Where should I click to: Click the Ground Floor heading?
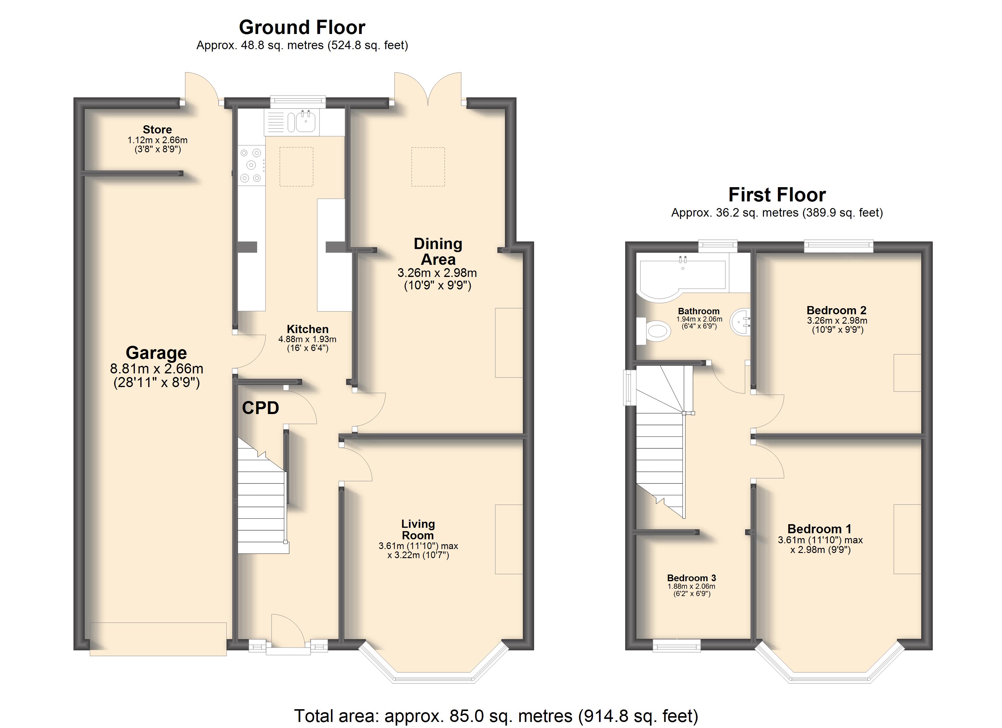click(x=302, y=27)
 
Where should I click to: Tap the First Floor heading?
click(x=777, y=195)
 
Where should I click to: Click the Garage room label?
click(x=156, y=353)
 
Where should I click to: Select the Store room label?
click(x=157, y=129)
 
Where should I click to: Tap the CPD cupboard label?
click(x=261, y=408)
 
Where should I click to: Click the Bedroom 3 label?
click(x=691, y=578)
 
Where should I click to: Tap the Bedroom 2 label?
click(x=836, y=310)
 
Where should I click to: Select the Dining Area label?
click(x=438, y=251)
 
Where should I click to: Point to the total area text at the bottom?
click(x=496, y=716)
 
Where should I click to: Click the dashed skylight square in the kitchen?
click(x=296, y=167)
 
